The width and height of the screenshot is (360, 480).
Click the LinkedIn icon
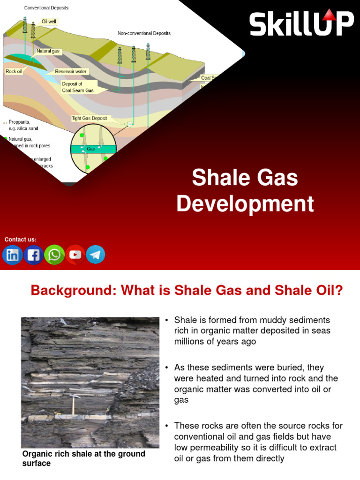coord(13,255)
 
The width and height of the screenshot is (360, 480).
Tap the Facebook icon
coord(33,255)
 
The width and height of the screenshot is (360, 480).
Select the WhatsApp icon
coord(54,255)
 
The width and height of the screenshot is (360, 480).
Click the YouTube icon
coord(75,255)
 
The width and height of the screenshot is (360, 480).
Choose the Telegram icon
coord(96,255)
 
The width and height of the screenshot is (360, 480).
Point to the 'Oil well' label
coord(49,22)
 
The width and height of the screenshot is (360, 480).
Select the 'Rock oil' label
coord(14,72)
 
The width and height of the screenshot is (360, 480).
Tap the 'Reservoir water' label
coord(72,72)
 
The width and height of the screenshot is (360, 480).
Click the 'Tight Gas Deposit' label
coord(89,119)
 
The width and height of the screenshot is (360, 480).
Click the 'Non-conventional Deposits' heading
coord(144,33)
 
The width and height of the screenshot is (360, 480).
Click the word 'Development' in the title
coord(245,204)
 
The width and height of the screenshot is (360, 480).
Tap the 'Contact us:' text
coord(20,240)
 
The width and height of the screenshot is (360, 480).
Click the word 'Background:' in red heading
coord(74,291)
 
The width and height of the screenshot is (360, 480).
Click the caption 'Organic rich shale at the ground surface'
coord(83,458)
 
